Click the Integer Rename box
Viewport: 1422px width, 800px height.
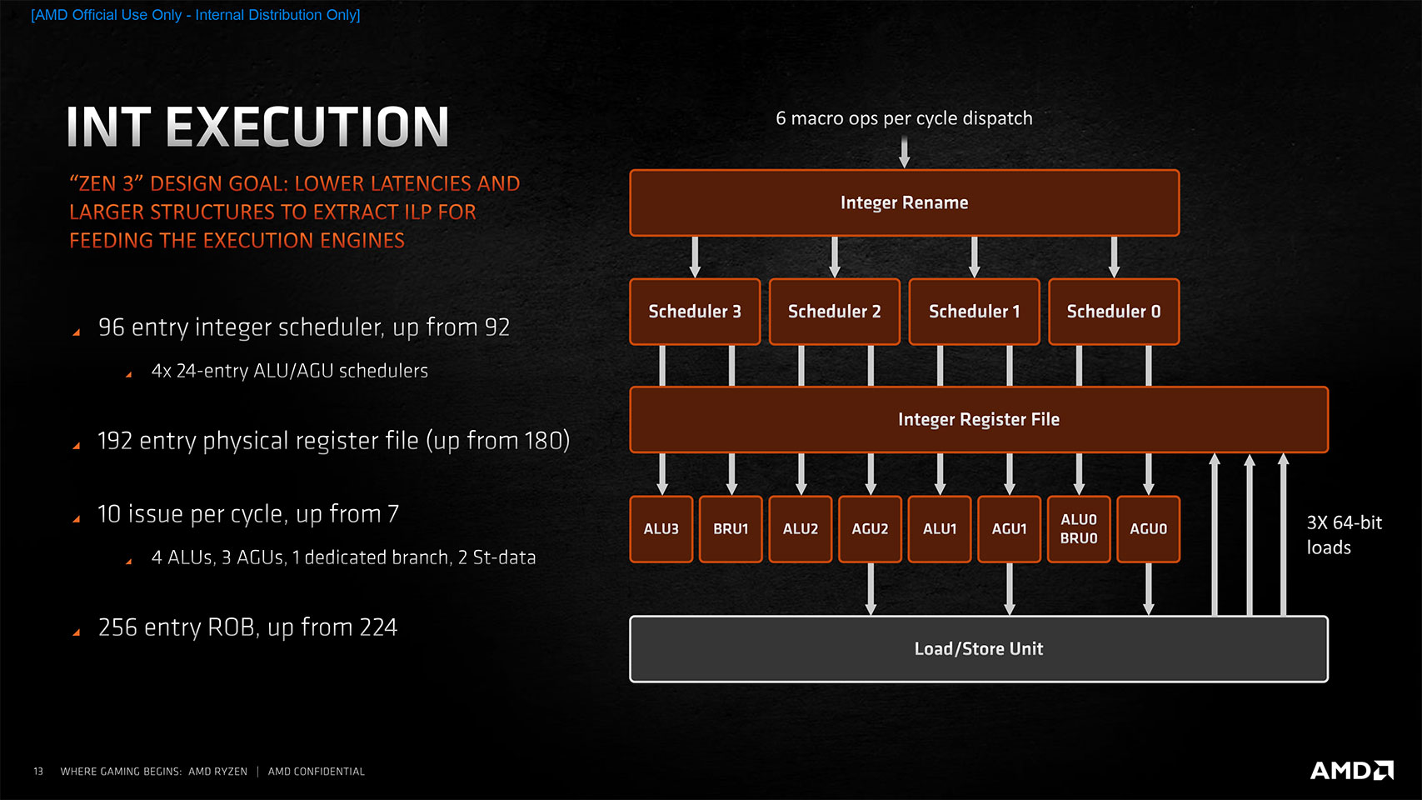[x=904, y=202]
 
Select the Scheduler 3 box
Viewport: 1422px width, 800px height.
[x=695, y=311]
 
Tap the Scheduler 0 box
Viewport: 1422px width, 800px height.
[x=1114, y=311]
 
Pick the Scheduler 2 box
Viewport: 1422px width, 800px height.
[x=834, y=311]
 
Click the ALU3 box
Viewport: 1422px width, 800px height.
[x=661, y=529]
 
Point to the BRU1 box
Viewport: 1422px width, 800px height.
[x=731, y=529]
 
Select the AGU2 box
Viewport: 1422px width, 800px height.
[x=870, y=529]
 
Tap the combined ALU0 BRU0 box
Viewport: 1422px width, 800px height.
[x=1079, y=529]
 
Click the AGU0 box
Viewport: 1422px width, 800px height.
[x=1149, y=529]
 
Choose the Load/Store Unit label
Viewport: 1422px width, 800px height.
[x=978, y=648]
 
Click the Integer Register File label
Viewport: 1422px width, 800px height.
[x=978, y=419]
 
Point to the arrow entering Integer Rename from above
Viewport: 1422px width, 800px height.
[x=904, y=153]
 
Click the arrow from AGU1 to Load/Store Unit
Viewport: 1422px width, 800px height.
[x=1010, y=589]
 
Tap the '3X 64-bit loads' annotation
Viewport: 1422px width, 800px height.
[x=1344, y=535]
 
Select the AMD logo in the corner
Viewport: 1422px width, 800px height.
[x=1351, y=770]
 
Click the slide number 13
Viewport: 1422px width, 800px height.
[x=38, y=772]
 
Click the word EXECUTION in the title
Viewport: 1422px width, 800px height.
[x=307, y=127]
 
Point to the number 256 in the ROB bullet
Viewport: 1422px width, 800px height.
[x=118, y=627]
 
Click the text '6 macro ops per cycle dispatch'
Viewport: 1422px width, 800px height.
[x=904, y=118]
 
